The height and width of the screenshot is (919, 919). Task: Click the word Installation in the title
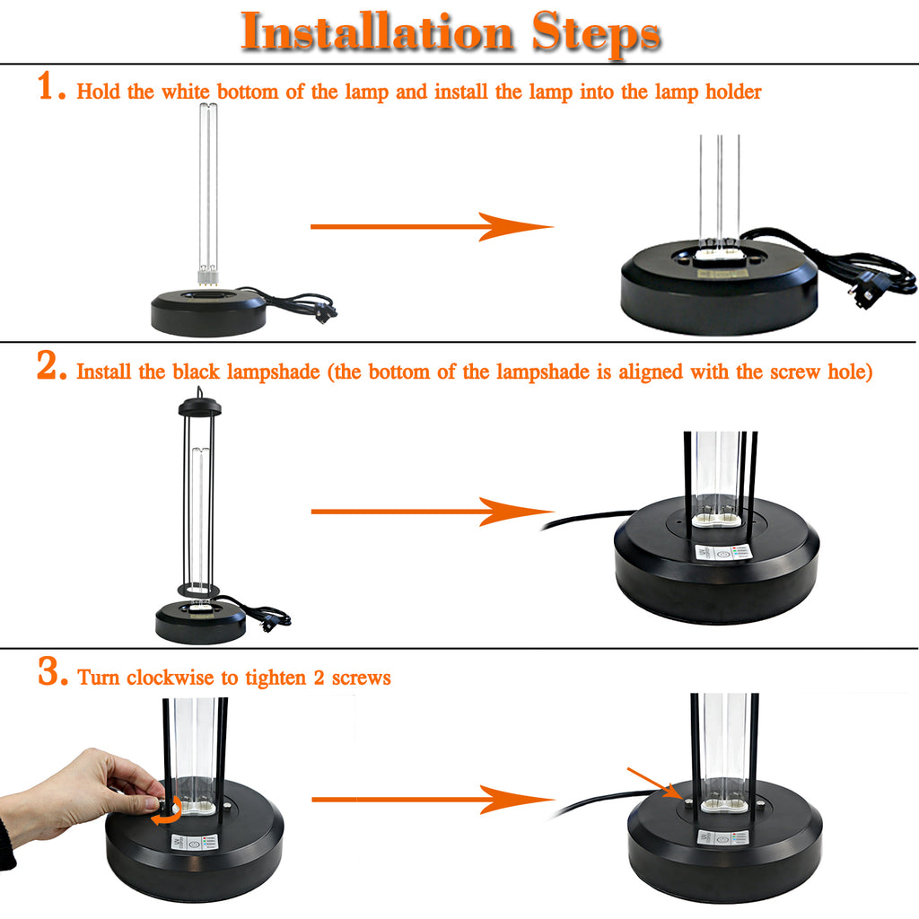(378, 31)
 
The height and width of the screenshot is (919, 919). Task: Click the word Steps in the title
(597, 34)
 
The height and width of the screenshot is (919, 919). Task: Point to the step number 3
(53, 670)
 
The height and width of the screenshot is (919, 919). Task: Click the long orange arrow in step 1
(432, 226)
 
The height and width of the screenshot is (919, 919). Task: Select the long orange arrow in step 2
(432, 512)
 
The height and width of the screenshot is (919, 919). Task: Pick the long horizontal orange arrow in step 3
(433, 800)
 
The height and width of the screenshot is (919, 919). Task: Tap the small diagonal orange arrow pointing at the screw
(654, 783)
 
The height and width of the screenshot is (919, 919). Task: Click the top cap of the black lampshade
(200, 407)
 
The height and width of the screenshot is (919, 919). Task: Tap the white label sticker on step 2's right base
(723, 552)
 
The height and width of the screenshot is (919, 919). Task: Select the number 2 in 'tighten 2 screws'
(319, 678)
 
